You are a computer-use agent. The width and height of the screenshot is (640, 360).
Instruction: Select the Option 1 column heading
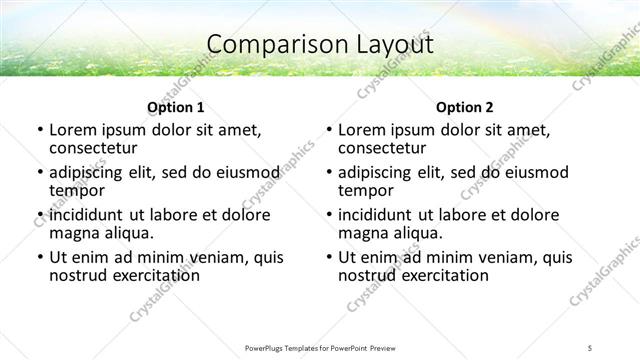tap(175, 107)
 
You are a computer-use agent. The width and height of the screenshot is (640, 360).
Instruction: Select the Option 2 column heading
tap(464, 107)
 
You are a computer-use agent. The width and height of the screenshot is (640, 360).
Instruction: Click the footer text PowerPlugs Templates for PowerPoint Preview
tap(320, 347)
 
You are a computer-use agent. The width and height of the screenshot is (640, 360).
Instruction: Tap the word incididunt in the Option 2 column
tap(378, 215)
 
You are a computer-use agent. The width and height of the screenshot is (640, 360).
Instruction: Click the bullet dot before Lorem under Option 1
tap(39, 130)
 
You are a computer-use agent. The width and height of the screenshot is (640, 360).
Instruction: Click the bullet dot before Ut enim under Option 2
tap(328, 257)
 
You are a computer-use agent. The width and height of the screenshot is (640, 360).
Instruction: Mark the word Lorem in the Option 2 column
tap(362, 130)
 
